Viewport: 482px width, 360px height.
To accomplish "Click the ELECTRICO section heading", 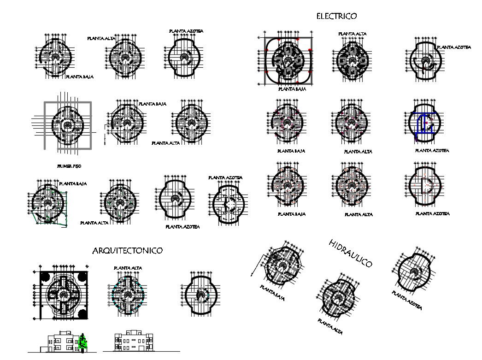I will pyautogui.click(x=336, y=16).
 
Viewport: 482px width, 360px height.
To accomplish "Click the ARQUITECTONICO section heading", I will pyautogui.click(x=127, y=251).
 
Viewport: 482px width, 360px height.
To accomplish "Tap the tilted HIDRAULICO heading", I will pyautogui.click(x=351, y=253).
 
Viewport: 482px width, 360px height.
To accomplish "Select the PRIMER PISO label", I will pyautogui.click(x=69, y=165).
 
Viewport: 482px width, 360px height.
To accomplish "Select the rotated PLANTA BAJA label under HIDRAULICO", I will pyautogui.click(x=272, y=293).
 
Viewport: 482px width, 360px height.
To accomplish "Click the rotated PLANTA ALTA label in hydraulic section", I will pyautogui.click(x=330, y=326).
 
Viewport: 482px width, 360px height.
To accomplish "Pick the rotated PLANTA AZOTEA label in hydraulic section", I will pyautogui.click(x=407, y=300).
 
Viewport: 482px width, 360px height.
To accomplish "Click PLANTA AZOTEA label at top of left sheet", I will pyautogui.click(x=186, y=31).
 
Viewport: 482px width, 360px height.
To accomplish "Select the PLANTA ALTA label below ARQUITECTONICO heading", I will pyautogui.click(x=128, y=268).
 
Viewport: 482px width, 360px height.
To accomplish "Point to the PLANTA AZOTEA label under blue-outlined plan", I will pyautogui.click(x=432, y=151).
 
